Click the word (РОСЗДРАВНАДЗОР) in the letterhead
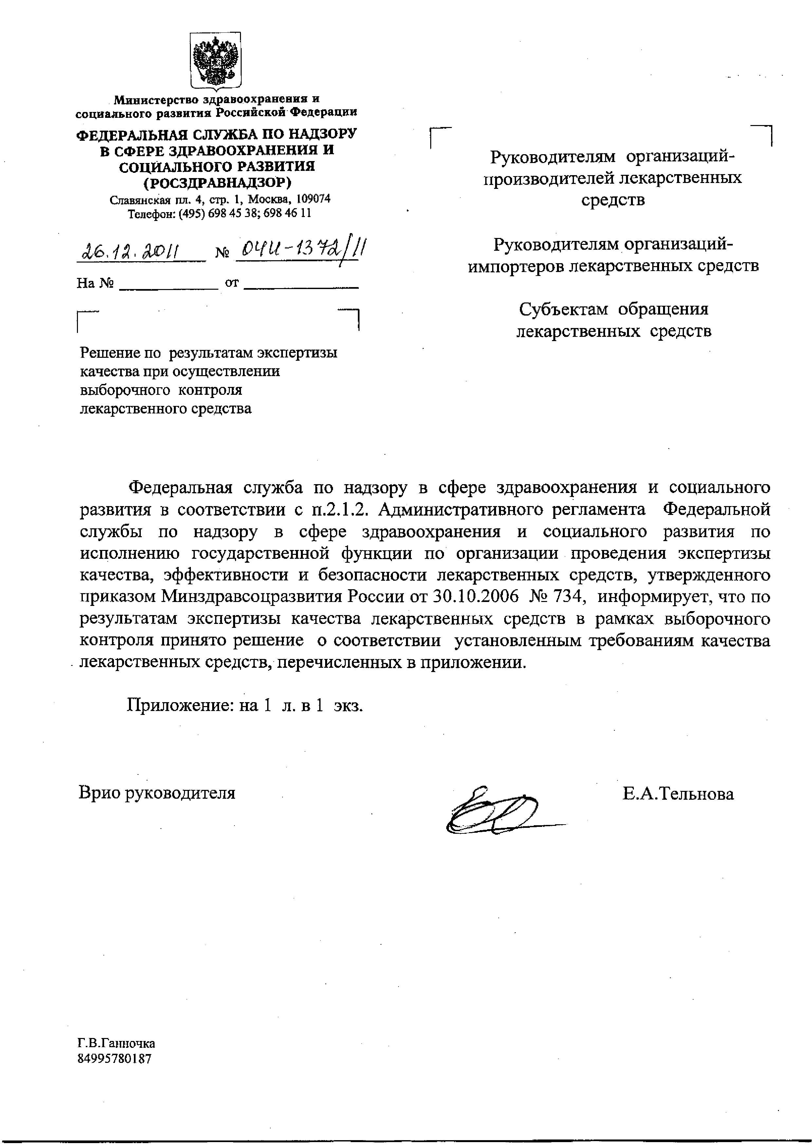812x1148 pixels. pyautogui.click(x=217, y=183)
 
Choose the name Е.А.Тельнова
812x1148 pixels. pyautogui.click(x=678, y=794)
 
